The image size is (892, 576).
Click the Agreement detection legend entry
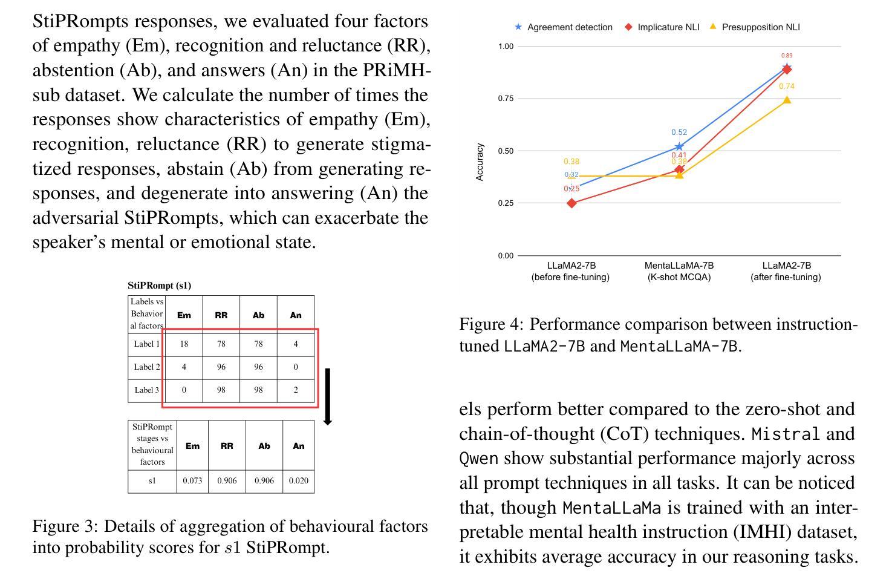click(x=563, y=27)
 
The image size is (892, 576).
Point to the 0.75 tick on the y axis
click(x=506, y=99)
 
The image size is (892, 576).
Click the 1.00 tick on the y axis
click(x=506, y=47)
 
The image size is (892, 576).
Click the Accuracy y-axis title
click(x=480, y=162)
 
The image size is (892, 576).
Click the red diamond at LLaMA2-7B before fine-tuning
click(x=572, y=203)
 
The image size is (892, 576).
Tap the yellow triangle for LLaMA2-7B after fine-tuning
click(x=787, y=100)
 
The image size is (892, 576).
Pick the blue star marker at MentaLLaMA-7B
click(x=679, y=146)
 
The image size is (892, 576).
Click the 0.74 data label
click(x=787, y=87)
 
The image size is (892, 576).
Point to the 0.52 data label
click(x=679, y=133)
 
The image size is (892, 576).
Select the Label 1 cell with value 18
click(x=184, y=344)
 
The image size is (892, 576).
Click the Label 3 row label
click(x=146, y=390)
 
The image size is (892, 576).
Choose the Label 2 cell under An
click(x=296, y=367)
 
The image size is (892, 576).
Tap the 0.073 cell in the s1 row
click(x=192, y=481)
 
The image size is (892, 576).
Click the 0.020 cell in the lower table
click(x=299, y=481)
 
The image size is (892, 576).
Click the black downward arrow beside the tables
click(x=327, y=396)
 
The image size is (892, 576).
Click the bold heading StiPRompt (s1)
click(x=160, y=286)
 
